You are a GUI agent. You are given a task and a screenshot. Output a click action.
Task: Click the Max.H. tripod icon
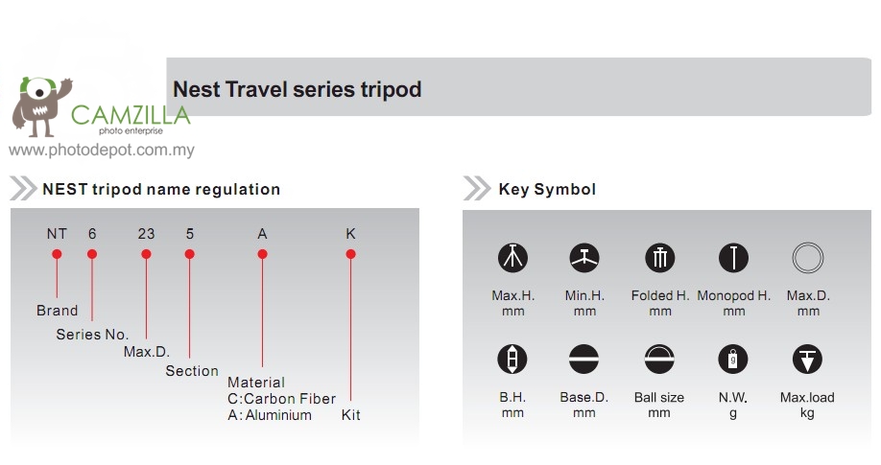(512, 258)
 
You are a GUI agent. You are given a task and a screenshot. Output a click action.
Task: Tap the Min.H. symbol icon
(584, 258)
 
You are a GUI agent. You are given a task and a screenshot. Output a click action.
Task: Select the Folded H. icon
(659, 258)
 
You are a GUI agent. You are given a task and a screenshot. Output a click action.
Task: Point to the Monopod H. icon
(733, 258)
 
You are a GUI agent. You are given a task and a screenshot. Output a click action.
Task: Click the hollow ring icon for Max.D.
(808, 244)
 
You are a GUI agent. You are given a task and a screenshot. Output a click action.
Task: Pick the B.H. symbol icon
(512, 359)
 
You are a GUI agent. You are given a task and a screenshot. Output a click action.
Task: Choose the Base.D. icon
(583, 359)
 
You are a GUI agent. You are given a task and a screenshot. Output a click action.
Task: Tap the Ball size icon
(659, 359)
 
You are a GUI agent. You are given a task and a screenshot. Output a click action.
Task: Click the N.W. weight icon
(732, 359)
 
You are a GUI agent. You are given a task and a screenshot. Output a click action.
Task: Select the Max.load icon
(807, 359)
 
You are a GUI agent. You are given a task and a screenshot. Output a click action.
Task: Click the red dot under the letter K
(350, 254)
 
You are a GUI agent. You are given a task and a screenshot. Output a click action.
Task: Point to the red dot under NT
(57, 254)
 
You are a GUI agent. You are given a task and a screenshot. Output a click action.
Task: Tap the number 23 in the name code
(146, 234)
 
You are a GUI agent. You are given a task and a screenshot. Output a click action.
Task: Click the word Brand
(58, 311)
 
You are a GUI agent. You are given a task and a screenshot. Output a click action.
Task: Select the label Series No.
(92, 335)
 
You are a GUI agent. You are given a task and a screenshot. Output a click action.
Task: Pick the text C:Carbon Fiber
(281, 399)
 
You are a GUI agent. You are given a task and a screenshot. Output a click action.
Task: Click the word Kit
(350, 415)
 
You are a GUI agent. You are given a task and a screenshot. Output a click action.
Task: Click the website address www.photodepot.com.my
(102, 150)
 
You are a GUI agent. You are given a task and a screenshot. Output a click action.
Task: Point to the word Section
(192, 371)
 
